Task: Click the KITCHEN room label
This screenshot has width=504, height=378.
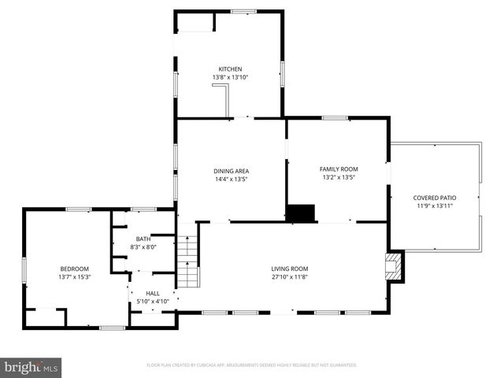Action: pos(230,69)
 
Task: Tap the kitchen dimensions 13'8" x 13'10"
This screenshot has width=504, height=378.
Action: pos(230,77)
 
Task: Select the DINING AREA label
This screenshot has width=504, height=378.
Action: pos(231,171)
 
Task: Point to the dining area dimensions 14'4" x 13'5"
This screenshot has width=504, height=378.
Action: pos(231,179)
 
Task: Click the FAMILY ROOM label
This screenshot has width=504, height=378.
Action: pos(338,169)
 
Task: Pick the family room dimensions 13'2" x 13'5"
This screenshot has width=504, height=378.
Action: pos(338,177)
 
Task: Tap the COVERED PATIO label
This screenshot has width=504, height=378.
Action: pos(435,198)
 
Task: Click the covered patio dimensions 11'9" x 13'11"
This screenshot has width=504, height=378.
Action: pos(435,206)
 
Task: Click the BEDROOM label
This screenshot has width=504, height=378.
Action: pos(74,269)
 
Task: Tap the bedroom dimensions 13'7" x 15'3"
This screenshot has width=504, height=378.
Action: pos(74,276)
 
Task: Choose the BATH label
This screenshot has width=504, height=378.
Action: pos(143,239)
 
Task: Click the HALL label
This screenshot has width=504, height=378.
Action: pos(152,293)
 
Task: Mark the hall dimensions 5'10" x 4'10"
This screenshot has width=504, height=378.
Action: pos(152,301)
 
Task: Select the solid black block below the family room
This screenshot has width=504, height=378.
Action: pos(300,213)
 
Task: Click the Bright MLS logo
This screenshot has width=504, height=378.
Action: pos(31,367)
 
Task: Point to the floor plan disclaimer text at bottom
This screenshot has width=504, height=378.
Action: pos(252,365)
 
